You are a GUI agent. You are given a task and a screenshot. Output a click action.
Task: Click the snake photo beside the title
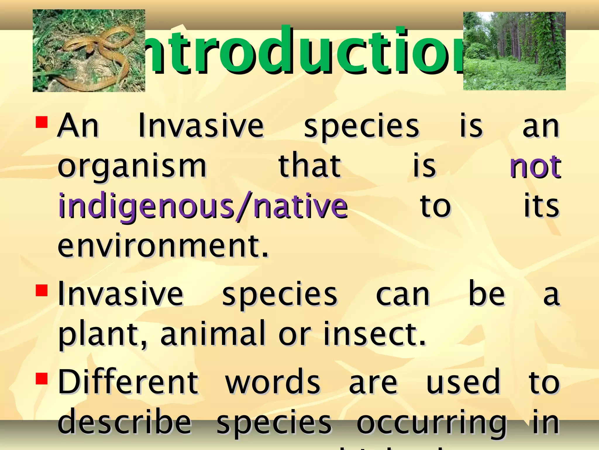coord(89,51)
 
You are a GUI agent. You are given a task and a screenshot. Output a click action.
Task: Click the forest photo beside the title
coord(514,51)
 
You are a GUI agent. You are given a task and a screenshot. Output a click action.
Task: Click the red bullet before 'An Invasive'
coord(42,122)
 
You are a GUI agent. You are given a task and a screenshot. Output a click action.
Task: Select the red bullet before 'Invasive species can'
coord(42,291)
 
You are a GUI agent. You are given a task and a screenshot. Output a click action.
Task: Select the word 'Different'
coord(128,382)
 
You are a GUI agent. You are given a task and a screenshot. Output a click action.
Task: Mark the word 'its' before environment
coord(541,206)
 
